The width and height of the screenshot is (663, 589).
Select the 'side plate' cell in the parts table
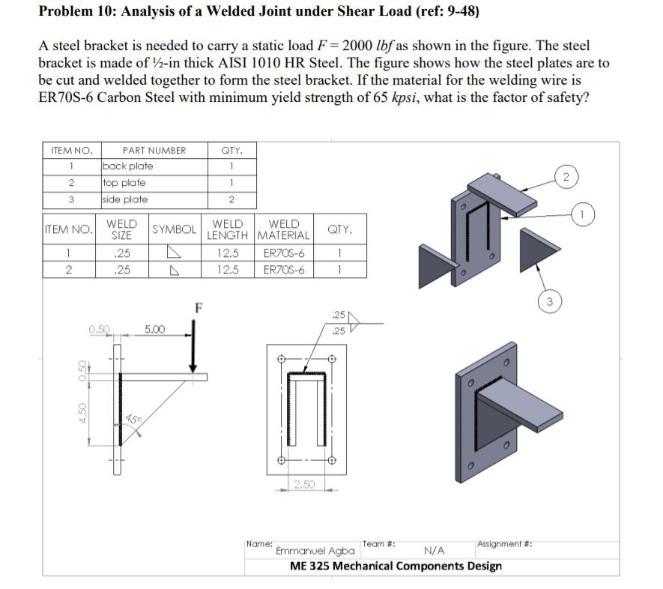click(x=125, y=199)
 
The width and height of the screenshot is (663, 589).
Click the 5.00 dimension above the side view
click(x=155, y=329)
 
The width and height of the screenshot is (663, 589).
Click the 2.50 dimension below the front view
click(x=303, y=484)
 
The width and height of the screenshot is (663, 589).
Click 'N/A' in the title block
click(x=435, y=551)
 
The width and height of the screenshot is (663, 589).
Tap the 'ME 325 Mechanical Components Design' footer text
click(x=396, y=565)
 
